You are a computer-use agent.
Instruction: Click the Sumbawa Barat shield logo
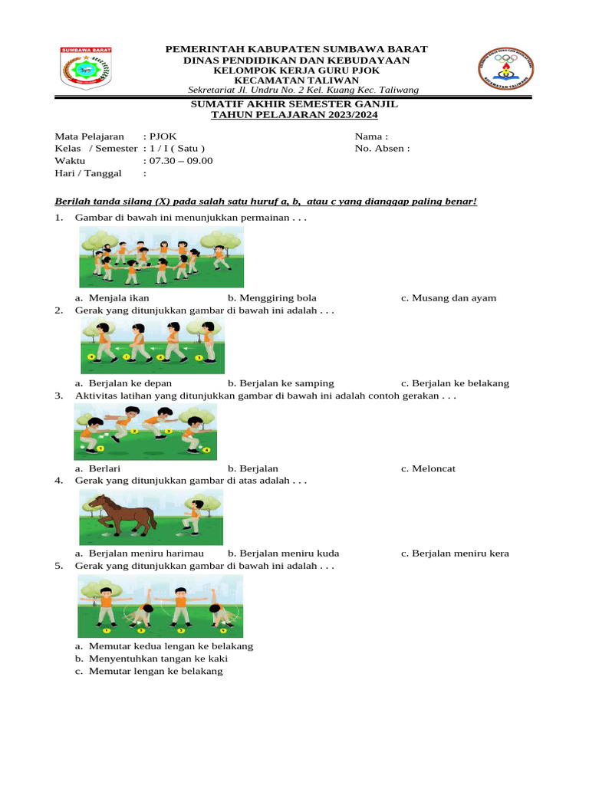[86, 68]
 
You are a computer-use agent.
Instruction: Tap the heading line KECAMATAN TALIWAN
[296, 80]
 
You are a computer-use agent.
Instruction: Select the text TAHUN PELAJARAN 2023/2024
[294, 114]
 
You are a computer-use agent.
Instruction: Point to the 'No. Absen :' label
[382, 149]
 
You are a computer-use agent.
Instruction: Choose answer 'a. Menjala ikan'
[112, 298]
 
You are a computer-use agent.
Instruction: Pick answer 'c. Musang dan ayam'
[448, 298]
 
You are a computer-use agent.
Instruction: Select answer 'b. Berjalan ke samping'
[280, 383]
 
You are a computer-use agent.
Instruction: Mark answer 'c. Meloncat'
[428, 468]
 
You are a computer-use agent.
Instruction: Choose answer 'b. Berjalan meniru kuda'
[283, 553]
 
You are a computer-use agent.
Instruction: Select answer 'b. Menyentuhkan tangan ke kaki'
[151, 659]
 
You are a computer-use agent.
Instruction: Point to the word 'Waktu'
[70, 161]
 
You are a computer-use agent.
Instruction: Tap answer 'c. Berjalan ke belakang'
[454, 383]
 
